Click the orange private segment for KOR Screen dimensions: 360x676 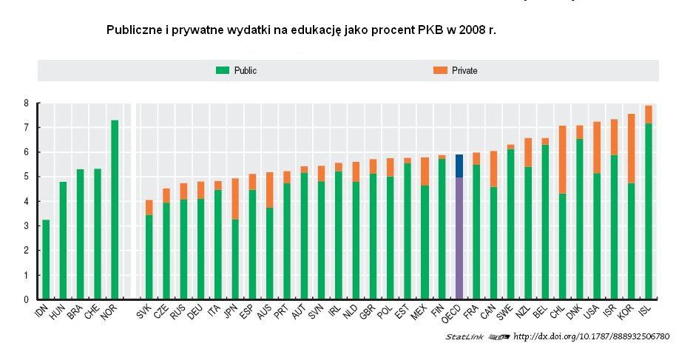(x=631, y=149)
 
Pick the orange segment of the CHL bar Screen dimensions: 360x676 (x=562, y=160)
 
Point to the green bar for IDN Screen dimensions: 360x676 (x=46, y=259)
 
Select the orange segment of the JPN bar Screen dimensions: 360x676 (x=235, y=199)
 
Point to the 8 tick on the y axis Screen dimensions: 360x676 (x=26, y=103)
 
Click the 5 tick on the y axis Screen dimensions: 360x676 (x=26, y=177)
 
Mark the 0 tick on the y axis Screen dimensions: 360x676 (x=26, y=299)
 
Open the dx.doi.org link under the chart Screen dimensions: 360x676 (x=591, y=337)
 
